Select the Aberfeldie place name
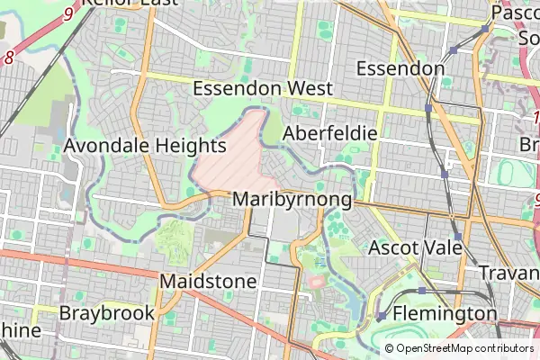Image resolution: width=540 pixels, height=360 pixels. (x=328, y=133)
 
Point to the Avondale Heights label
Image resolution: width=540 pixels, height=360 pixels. (x=144, y=146)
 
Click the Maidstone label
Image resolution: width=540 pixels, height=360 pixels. (x=208, y=282)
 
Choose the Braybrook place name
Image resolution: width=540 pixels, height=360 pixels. (x=106, y=314)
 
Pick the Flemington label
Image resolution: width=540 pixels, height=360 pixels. (x=445, y=314)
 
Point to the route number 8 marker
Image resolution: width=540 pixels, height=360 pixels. (x=9, y=58)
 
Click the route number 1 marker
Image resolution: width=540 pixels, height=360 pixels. (x=535, y=118)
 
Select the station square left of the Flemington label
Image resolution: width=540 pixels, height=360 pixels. (x=382, y=316)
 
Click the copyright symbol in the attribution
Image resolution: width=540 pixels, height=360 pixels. (x=389, y=348)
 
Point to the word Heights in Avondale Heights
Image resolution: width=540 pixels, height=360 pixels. (x=184, y=146)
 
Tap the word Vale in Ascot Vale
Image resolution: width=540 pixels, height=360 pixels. (x=442, y=247)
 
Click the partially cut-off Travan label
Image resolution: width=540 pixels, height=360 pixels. (x=509, y=272)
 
